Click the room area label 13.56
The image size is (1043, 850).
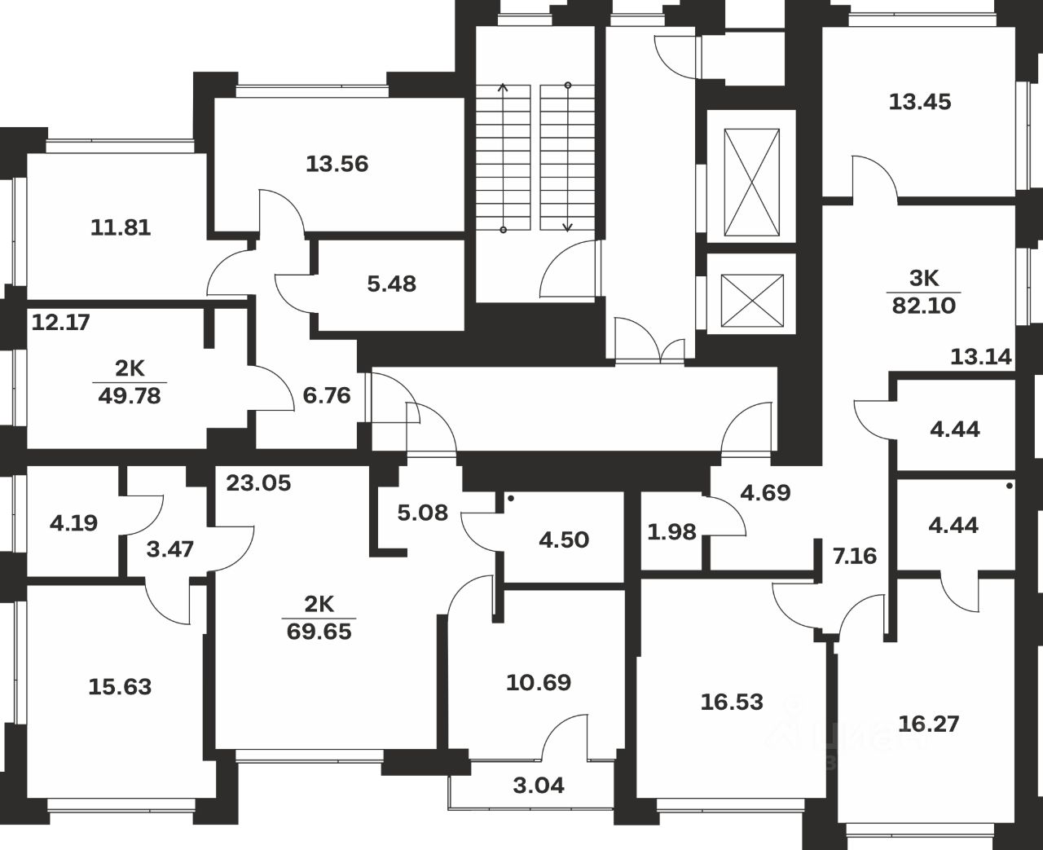(337, 165)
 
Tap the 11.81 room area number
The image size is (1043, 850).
(121, 227)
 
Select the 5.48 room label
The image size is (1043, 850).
(391, 284)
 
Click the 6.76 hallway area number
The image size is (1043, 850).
(326, 396)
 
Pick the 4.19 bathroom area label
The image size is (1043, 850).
(73, 523)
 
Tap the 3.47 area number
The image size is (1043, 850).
(171, 549)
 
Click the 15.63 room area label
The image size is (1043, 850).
(120, 687)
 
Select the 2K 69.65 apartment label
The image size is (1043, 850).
(319, 618)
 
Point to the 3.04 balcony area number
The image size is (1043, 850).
(539, 786)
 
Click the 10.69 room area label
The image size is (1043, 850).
(539, 682)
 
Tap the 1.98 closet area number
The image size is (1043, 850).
(671, 532)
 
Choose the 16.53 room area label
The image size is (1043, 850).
(732, 702)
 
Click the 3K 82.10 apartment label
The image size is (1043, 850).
(923, 292)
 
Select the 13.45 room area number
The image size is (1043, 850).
(920, 103)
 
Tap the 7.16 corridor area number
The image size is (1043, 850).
(854, 557)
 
